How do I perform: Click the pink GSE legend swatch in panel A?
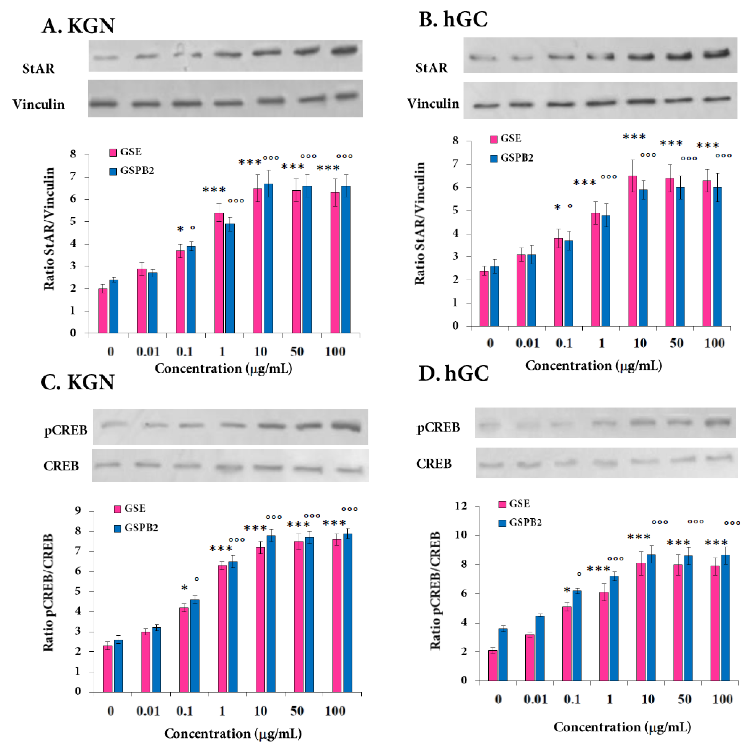(113, 153)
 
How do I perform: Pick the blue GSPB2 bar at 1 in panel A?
(230, 278)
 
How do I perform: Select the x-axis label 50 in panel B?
(677, 343)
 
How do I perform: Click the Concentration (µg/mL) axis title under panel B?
(594, 366)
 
